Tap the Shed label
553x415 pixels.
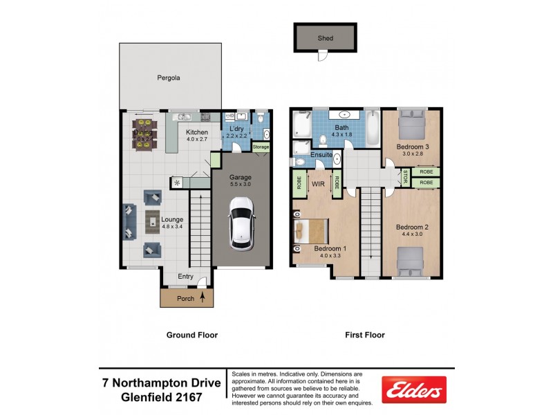(x=324, y=39)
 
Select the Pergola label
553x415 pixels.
(x=168, y=78)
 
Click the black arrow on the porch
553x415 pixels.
(x=203, y=299)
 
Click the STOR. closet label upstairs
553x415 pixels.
(x=405, y=177)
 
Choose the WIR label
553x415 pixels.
(x=318, y=185)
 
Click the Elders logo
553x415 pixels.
(x=414, y=391)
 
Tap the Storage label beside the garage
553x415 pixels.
(x=261, y=147)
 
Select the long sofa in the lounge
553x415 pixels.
(x=129, y=221)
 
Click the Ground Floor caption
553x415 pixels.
(x=192, y=335)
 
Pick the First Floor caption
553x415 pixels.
(x=365, y=335)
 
